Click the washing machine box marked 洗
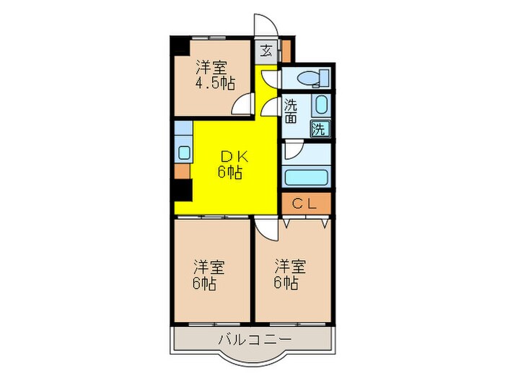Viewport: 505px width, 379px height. tap(320, 129)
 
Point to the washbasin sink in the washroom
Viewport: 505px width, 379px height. tap(321, 105)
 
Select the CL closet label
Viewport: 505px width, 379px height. tap(306, 204)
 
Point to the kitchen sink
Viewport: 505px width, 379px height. tap(183, 152)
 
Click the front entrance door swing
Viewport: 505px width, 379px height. tap(263, 25)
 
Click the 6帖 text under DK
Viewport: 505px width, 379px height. tap(230, 173)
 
